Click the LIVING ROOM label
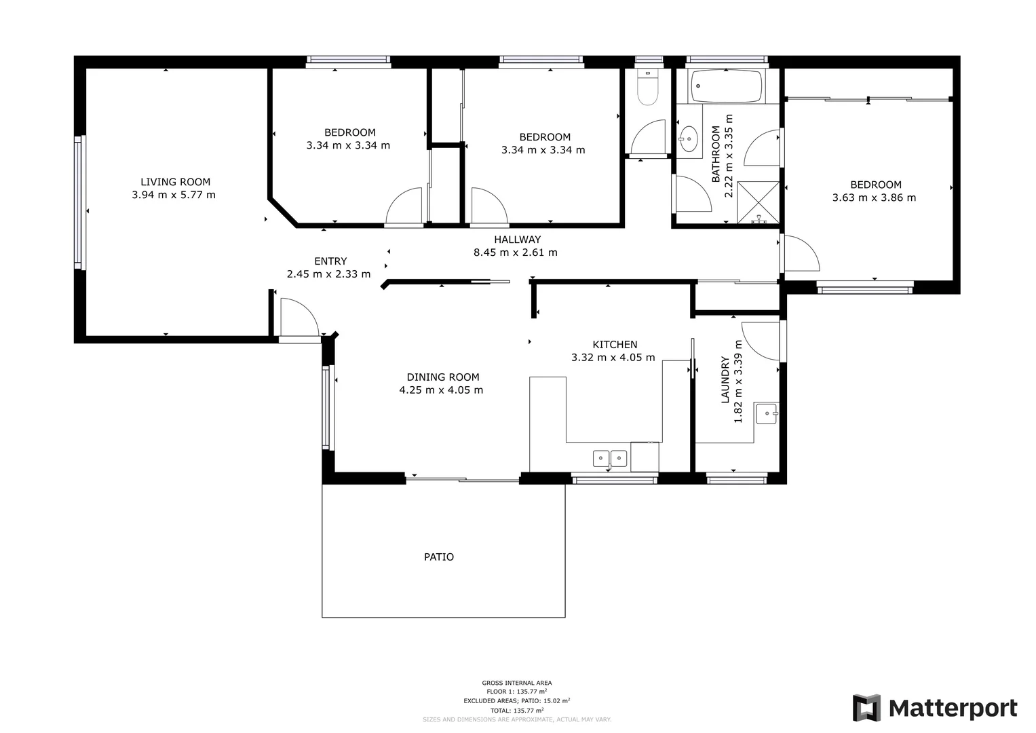coord(175,182)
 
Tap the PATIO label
coord(439,557)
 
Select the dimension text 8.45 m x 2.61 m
coord(515,252)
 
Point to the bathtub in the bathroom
coord(726,87)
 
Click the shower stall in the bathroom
coord(758,202)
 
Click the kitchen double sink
coord(610,459)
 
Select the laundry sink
coord(767,412)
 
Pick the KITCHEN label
coord(615,345)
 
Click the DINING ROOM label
coord(443,377)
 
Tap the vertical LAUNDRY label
coord(725,380)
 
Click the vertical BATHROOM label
coord(716,154)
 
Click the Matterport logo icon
coord(866,708)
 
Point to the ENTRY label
coord(330,261)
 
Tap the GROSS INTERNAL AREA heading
coord(516,683)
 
